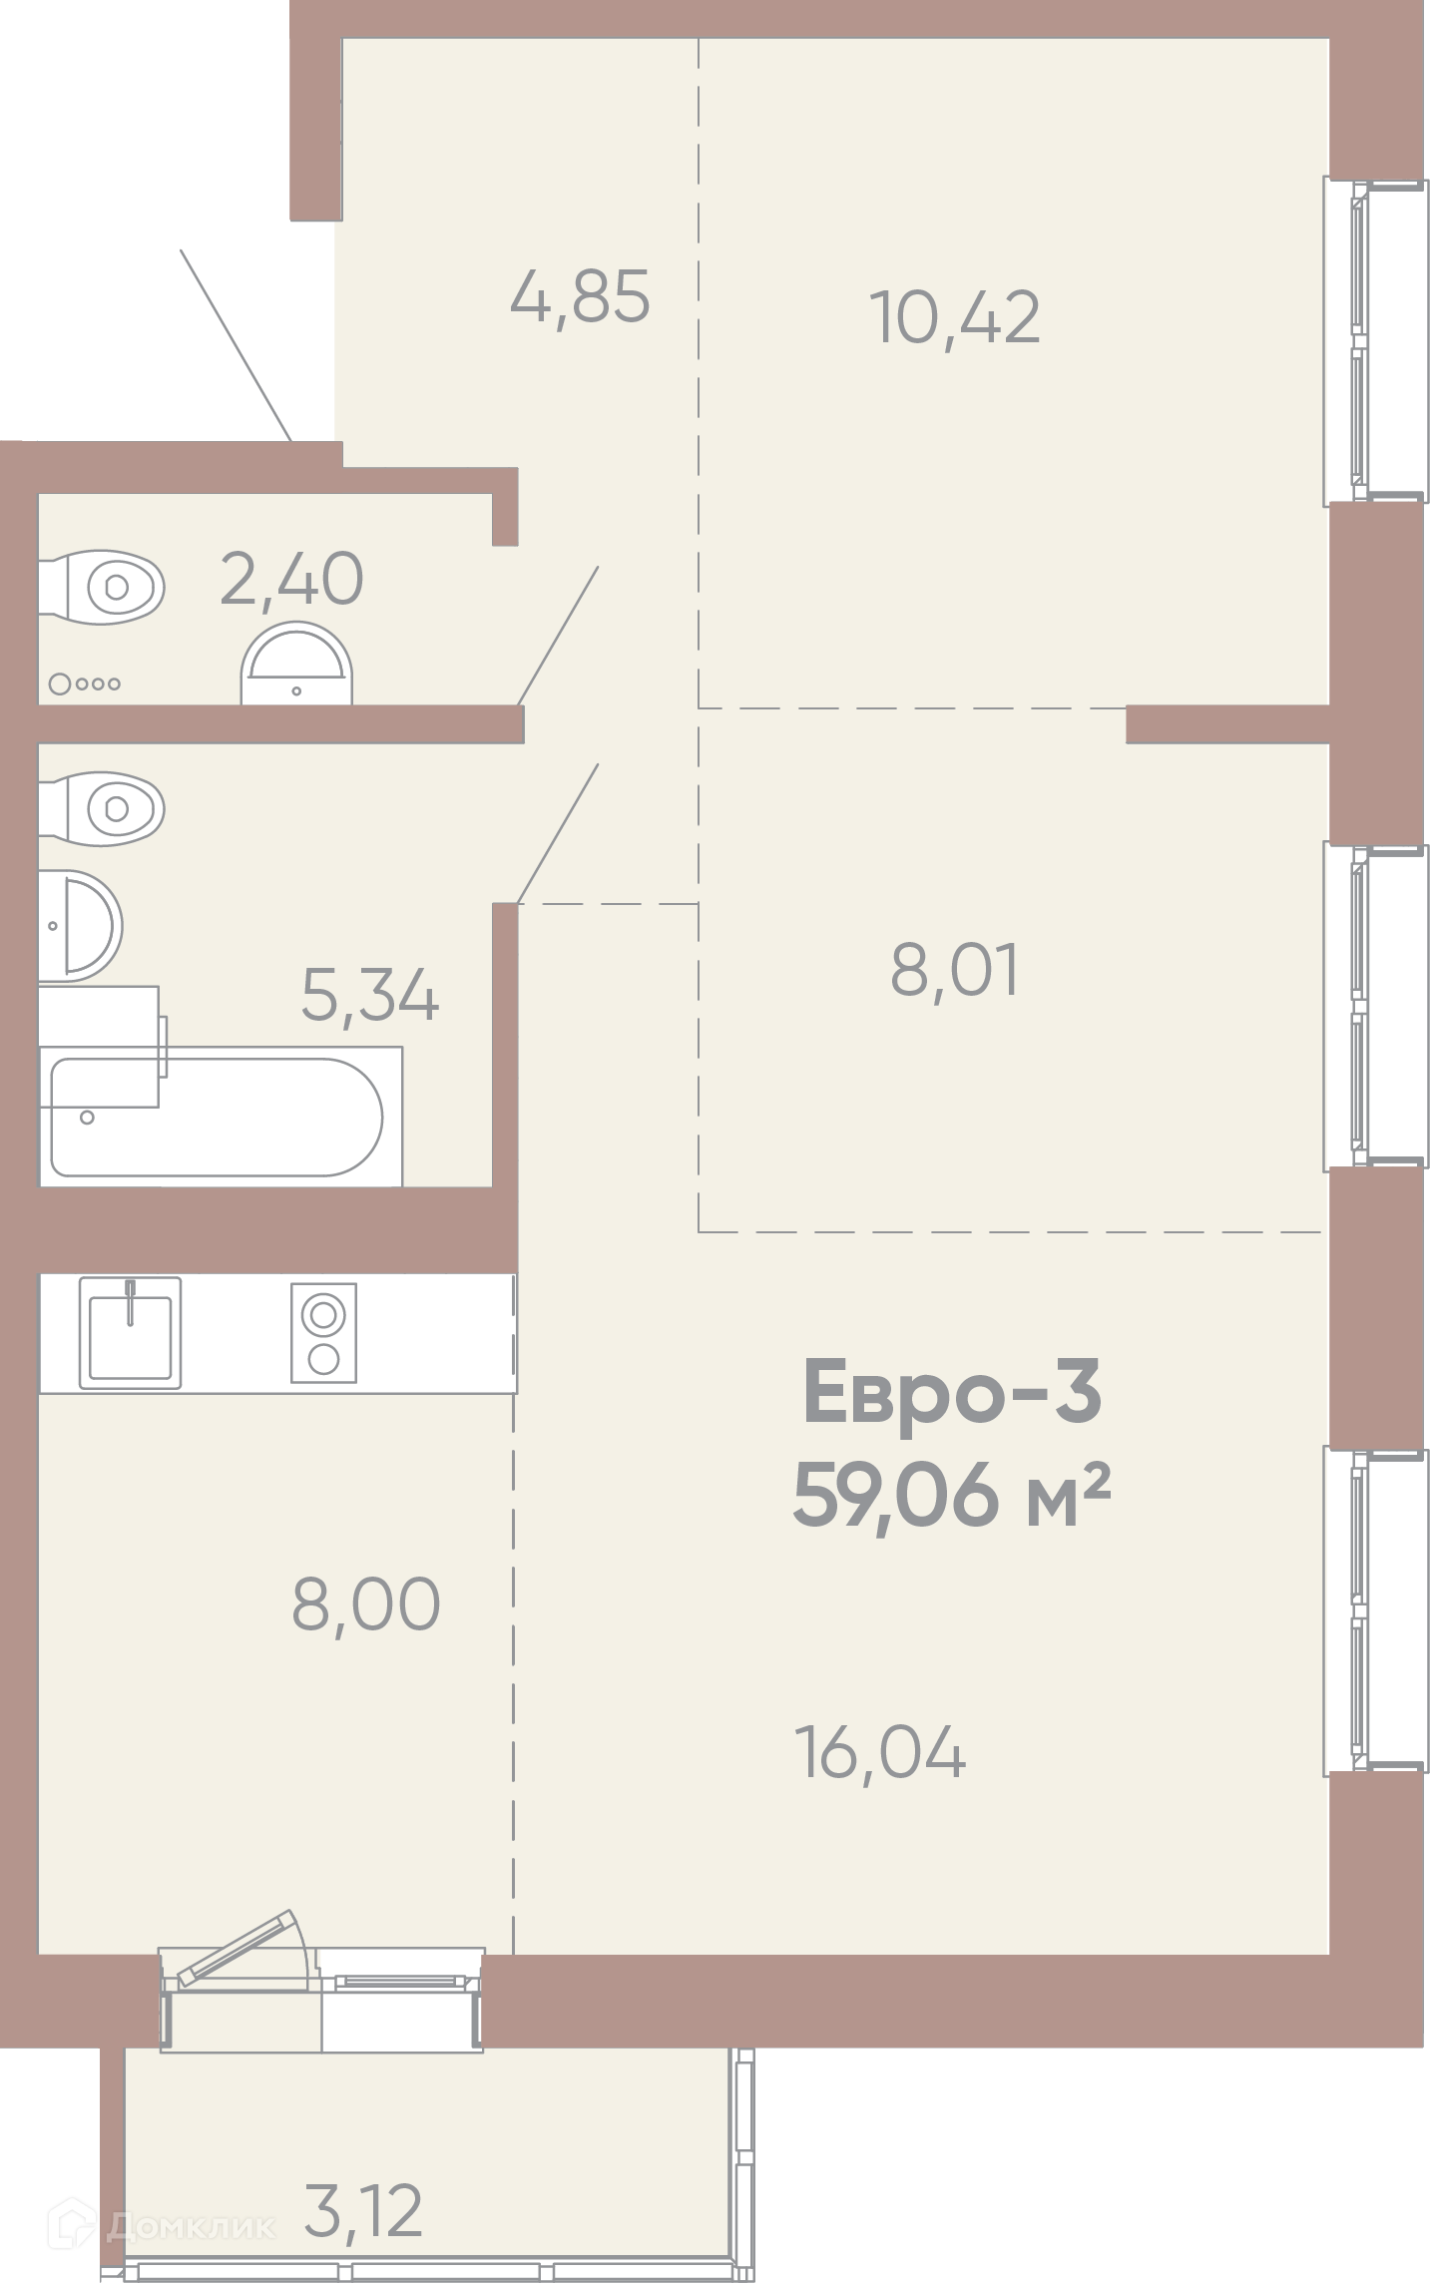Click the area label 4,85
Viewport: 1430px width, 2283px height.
pos(580,296)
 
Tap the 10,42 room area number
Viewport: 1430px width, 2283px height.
pos(956,317)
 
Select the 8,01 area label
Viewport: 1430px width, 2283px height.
pos(955,971)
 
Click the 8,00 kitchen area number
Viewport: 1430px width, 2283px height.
pos(365,1603)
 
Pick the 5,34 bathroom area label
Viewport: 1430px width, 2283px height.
pos(369,996)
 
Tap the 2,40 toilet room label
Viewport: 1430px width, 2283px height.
pos(291,579)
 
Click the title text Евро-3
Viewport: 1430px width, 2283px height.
pos(952,1393)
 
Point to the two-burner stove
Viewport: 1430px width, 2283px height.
pos(323,1333)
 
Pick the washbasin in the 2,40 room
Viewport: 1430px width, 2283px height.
pos(297,664)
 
